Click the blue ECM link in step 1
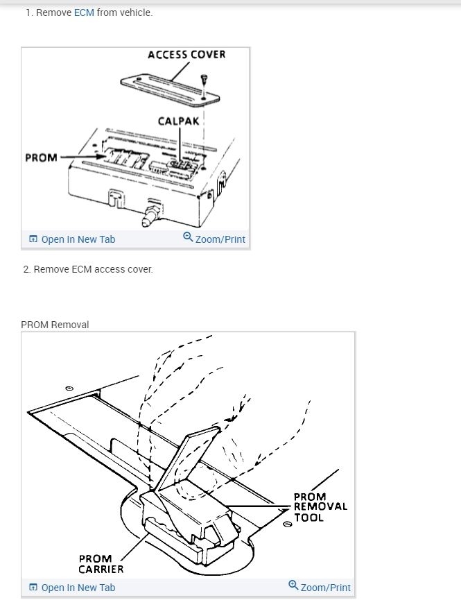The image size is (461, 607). coord(84,12)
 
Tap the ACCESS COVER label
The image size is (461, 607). coord(186,54)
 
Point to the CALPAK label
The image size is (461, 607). coord(178,121)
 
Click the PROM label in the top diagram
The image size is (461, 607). coord(41,157)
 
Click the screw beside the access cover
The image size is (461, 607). coord(203,81)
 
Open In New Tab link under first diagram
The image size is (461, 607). coord(78,239)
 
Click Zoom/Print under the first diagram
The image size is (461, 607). coord(220,239)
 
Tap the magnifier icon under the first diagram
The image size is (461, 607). coord(188,237)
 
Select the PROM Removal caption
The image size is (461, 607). coord(55,325)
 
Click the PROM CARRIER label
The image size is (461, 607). coord(101,564)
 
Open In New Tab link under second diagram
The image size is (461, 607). coord(78,588)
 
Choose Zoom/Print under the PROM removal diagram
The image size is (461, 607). coord(325,588)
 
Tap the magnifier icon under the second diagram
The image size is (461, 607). coord(293,585)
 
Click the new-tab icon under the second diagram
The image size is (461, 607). coord(33,588)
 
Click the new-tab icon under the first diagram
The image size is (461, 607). coord(33,239)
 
